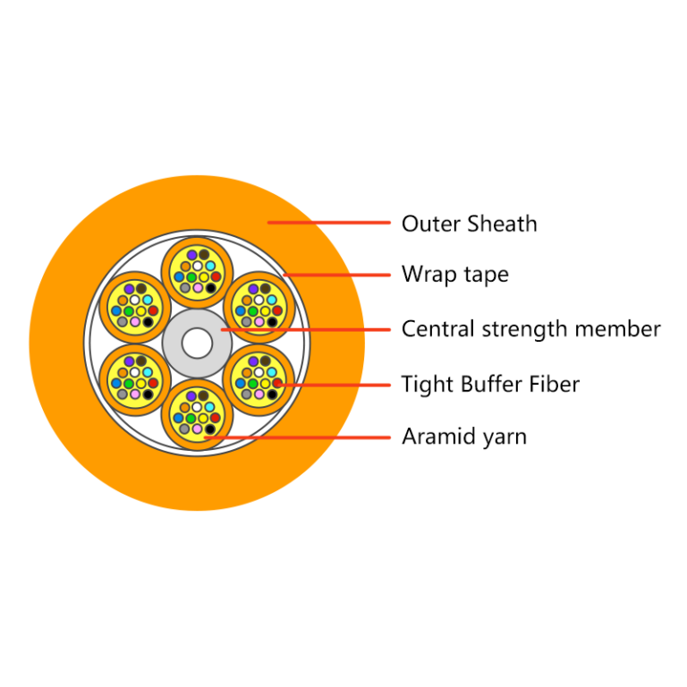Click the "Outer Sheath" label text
coord(470,224)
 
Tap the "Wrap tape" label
coord(455,275)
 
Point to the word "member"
coord(618,329)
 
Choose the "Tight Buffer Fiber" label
coord(490,385)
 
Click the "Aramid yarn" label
coord(464,437)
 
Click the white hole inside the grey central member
coord(197,343)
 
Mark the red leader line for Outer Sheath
coord(329,223)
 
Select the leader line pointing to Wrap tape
coord(337,276)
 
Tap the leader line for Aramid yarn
coord(298,437)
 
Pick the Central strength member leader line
coord(306,329)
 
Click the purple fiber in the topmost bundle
coord(192,255)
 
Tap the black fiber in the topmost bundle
coord(211,288)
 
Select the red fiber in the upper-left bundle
coord(153,310)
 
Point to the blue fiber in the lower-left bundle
coord(116,383)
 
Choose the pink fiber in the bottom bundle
coord(198,428)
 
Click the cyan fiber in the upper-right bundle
coord(272,301)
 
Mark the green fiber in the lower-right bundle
coord(253,384)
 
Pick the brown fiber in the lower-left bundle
coord(141,361)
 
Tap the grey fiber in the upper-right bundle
coord(247,322)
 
